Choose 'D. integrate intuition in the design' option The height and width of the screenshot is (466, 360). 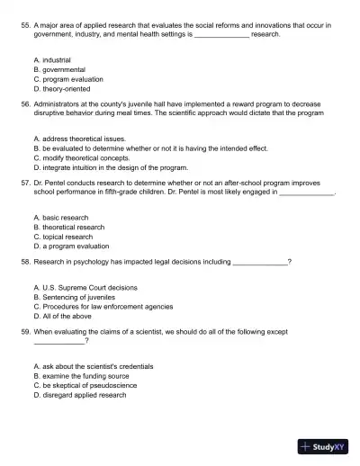click(110, 167)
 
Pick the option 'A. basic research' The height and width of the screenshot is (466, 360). click(62, 218)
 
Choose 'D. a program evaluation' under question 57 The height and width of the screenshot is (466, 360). click(71, 246)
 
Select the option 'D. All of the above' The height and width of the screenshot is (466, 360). click(65, 316)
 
